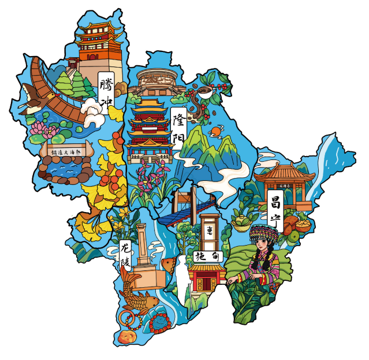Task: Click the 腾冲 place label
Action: [106, 91]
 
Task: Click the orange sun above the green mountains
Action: [215, 132]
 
